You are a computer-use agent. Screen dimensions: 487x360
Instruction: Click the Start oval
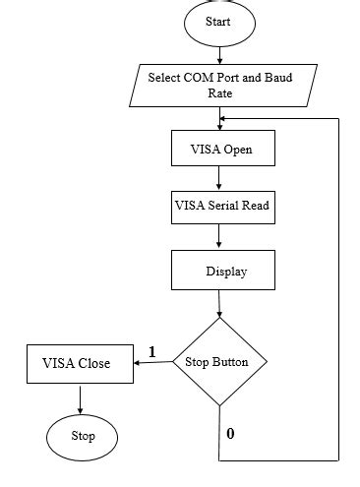tap(218, 21)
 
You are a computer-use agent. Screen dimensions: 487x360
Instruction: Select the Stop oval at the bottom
tap(84, 435)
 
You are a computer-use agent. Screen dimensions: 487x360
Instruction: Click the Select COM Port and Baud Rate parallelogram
tap(219, 85)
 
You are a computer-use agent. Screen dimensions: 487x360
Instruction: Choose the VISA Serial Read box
tap(219, 208)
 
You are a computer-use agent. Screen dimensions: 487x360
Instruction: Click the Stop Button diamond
tap(218, 362)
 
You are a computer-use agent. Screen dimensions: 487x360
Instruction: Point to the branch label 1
tap(152, 351)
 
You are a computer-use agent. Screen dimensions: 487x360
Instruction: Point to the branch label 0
tap(230, 431)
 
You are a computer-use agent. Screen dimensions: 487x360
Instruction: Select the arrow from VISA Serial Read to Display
tap(219, 237)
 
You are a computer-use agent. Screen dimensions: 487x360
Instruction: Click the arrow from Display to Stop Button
tap(219, 304)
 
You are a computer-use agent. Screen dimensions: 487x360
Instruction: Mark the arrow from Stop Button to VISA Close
tap(151, 363)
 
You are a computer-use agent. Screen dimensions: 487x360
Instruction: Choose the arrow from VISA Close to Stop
tap(79, 396)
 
